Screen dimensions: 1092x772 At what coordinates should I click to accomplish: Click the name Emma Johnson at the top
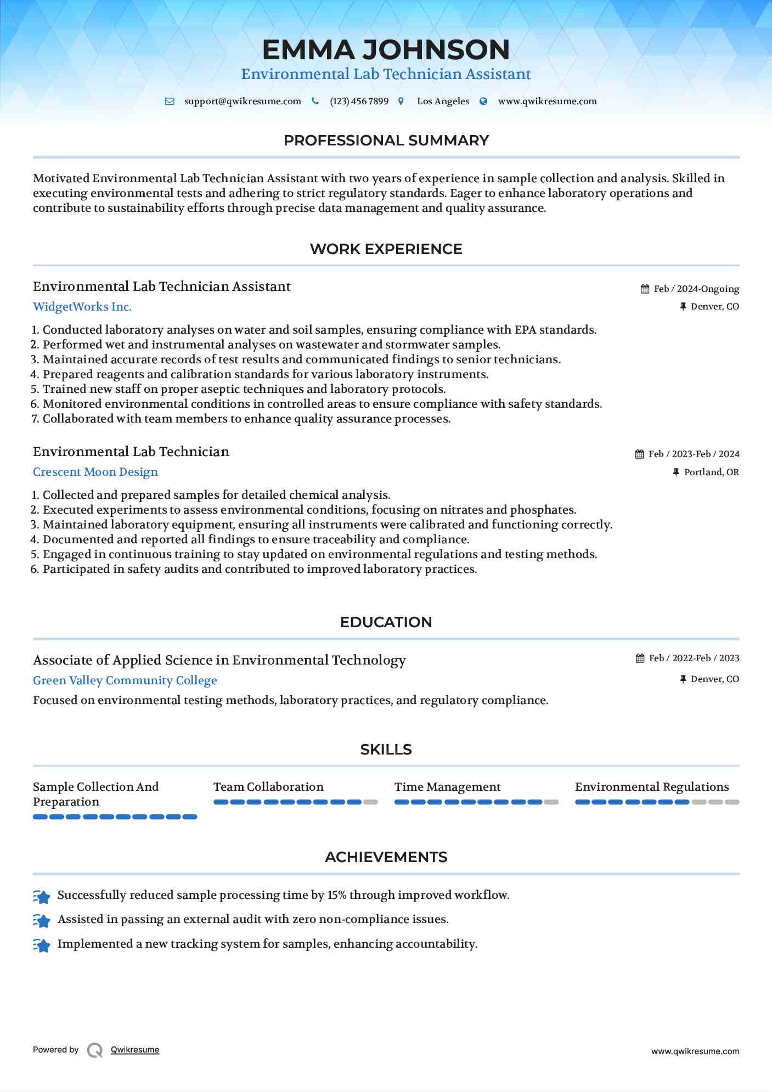386,49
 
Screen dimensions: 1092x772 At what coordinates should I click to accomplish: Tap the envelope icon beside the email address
170,102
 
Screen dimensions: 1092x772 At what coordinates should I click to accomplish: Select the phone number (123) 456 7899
359,102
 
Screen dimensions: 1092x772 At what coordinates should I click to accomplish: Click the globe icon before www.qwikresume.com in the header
483,102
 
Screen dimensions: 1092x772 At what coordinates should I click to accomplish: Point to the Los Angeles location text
443,102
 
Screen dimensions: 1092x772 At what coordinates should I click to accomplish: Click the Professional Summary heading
386,140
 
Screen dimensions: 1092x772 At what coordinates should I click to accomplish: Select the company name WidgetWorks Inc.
82,307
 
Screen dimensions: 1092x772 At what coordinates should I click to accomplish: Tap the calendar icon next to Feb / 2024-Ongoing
645,289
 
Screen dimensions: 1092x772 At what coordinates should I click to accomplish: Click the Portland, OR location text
711,472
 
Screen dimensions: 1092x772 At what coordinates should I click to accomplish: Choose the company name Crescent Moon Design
95,472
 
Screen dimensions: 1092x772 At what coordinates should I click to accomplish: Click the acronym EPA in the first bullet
525,330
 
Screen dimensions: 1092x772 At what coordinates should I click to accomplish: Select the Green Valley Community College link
125,680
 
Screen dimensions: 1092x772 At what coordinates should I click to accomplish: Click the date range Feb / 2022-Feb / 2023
694,658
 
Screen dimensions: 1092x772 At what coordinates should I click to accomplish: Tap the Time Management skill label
447,787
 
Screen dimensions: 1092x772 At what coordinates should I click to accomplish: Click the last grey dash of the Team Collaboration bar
371,802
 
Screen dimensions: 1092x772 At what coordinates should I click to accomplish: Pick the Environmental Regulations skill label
652,787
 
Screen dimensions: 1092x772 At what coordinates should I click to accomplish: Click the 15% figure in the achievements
337,895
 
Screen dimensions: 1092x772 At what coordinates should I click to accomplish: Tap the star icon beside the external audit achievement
42,920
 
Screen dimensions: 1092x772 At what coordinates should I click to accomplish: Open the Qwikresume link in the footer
135,1050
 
